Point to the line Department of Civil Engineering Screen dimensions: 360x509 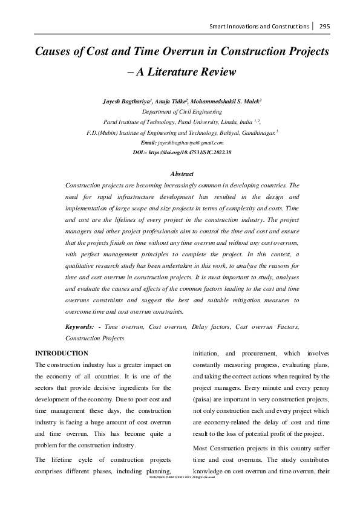[x=180, y=112]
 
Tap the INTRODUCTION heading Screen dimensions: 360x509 [x=62, y=353]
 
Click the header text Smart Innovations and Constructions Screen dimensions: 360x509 [x=260, y=27]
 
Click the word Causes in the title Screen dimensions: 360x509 [x=53, y=51]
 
